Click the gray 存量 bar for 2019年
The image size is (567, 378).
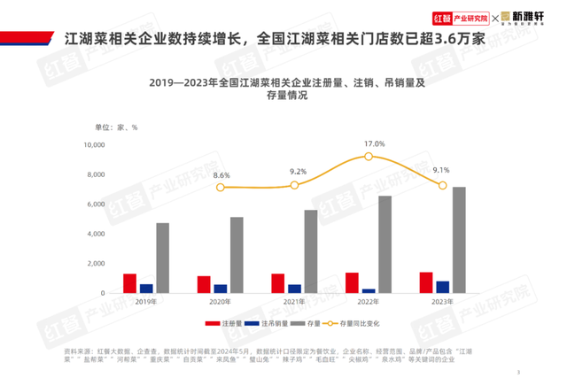click(x=163, y=258)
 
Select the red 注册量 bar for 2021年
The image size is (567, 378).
click(x=278, y=283)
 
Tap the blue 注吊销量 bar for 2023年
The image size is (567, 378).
click(x=443, y=287)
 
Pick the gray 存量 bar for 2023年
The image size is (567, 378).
click(x=459, y=240)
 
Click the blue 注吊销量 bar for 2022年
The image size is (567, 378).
click(x=369, y=290)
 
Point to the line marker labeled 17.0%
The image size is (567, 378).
click(x=369, y=157)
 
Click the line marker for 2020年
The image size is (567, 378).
click(x=221, y=188)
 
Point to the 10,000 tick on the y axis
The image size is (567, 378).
click(x=94, y=145)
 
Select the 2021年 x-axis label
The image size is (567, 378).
click(x=295, y=302)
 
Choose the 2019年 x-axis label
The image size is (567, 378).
click(x=146, y=302)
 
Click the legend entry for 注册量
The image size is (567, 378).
click(x=222, y=325)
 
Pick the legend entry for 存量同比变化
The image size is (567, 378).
click(x=354, y=325)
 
